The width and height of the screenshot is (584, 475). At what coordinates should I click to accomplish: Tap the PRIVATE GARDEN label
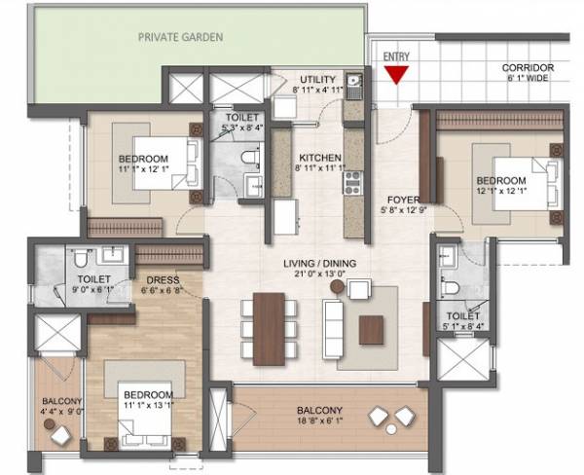click(x=180, y=37)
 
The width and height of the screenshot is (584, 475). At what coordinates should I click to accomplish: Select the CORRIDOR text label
click(x=528, y=68)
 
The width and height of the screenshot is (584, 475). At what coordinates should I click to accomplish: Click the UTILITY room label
click(x=317, y=79)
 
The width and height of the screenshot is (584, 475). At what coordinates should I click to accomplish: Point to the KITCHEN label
click(x=318, y=157)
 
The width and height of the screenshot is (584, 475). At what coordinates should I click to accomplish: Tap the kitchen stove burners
click(x=351, y=181)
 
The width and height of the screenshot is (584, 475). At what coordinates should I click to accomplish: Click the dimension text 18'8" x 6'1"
click(x=319, y=421)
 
